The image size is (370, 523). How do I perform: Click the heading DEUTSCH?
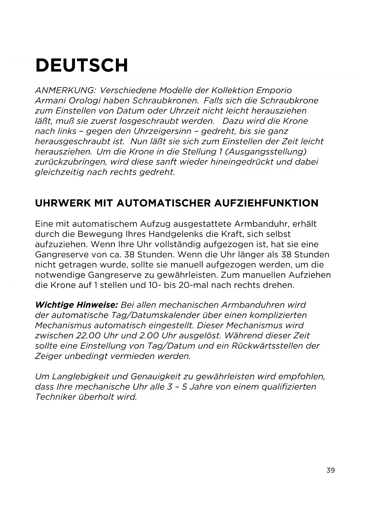pyautogui.click(x=82, y=65)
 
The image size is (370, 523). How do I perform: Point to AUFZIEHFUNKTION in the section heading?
pyautogui.click(x=266, y=203)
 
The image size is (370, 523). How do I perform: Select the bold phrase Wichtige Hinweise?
pyautogui.click(x=77, y=305)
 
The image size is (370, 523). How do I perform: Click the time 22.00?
pyautogui.click(x=88, y=336)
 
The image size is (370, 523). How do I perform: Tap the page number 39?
pyautogui.click(x=330, y=471)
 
